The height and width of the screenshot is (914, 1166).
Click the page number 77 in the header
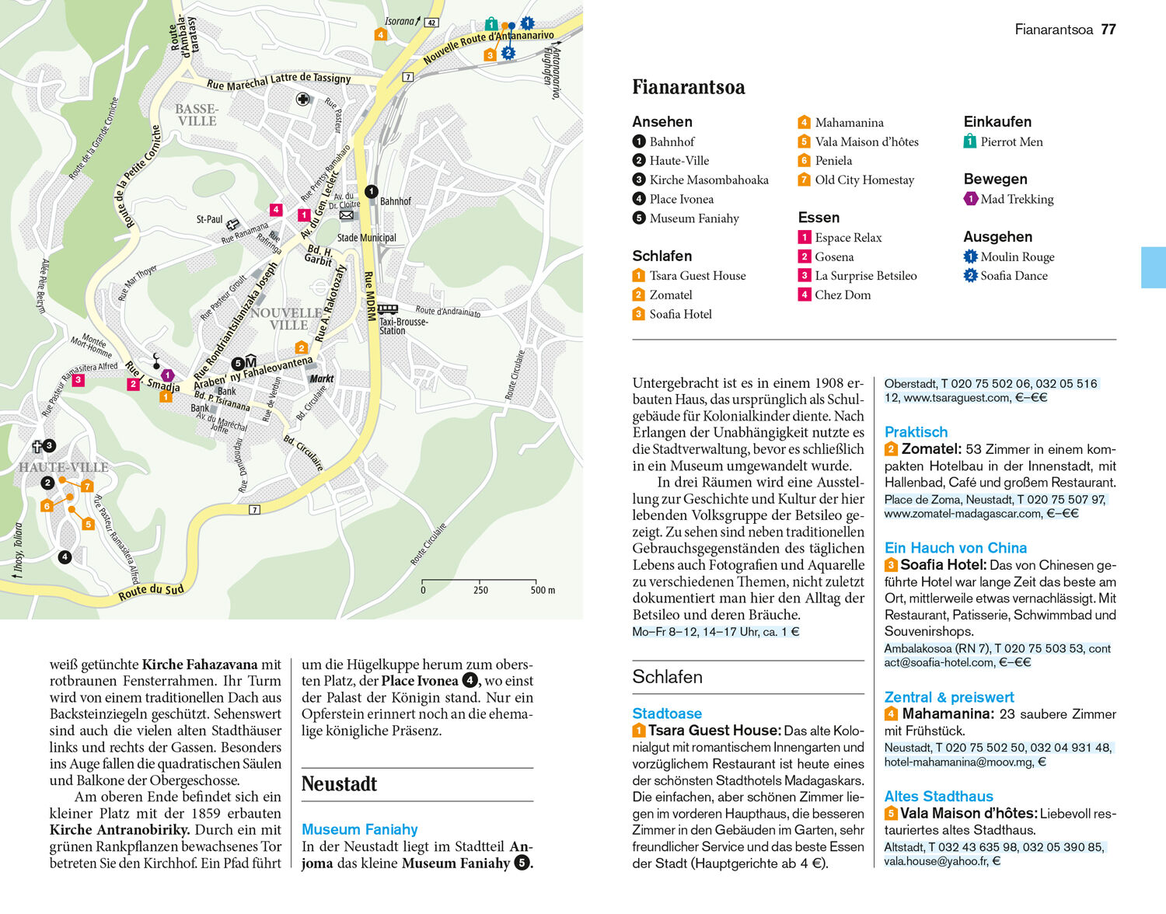pyautogui.click(x=1108, y=30)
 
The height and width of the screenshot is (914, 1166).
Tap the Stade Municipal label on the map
pyautogui.click(x=366, y=238)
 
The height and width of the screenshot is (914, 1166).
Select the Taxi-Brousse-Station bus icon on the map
pyautogui.click(x=387, y=309)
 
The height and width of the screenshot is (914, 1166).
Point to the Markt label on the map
pyautogui.click(x=322, y=379)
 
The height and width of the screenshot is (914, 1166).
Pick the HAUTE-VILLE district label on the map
pyautogui.click(x=64, y=467)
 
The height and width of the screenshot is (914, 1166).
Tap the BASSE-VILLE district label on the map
pyautogui.click(x=197, y=115)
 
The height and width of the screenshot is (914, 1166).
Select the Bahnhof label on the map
pyautogui.click(x=396, y=201)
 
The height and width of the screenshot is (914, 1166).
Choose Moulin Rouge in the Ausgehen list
pyautogui.click(x=1017, y=256)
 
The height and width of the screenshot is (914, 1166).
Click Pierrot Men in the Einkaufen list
pyautogui.click(x=1011, y=141)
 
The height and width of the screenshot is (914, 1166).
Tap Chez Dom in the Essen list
pyautogui.click(x=843, y=295)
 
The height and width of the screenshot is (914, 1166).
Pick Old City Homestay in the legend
pyautogui.click(x=864, y=180)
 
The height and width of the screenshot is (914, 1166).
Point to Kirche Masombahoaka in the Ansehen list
pyautogui.click(x=709, y=180)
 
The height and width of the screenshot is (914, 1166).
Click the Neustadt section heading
pyautogui.click(x=340, y=784)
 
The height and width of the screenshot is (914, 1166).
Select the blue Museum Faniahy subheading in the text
pyautogui.click(x=360, y=829)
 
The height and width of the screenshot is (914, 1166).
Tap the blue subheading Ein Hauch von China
pyautogui.click(x=955, y=548)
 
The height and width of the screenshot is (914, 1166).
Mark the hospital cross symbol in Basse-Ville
pyautogui.click(x=303, y=99)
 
